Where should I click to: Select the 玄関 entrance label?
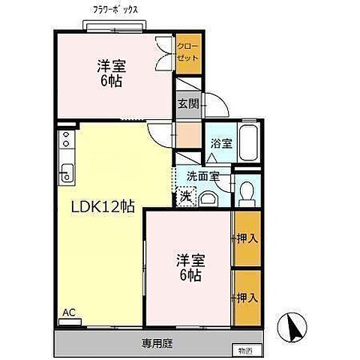pos(187,103)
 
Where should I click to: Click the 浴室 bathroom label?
pos(220,142)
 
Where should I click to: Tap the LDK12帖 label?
pos(103,207)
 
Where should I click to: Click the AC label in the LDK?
pos(68,312)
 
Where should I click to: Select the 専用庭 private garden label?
pos(158,345)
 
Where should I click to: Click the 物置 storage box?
pos(244,349)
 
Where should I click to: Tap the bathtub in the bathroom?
pos(249,142)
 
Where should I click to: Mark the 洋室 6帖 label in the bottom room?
pos(190,268)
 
